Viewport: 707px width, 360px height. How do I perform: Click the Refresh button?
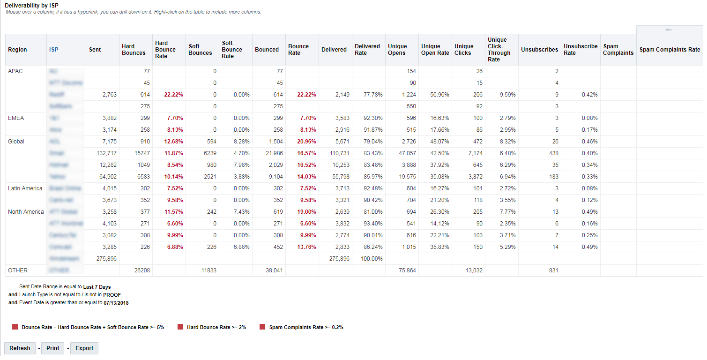pyautogui.click(x=20, y=348)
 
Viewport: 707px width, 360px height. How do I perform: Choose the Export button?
pyautogui.click(x=84, y=348)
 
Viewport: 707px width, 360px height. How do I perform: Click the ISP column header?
pyautogui.click(x=54, y=50)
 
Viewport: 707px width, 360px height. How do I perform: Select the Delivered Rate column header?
pyautogui.click(x=367, y=50)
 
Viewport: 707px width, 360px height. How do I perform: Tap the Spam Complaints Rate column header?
pyautogui.click(x=670, y=50)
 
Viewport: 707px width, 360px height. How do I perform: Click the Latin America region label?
pyautogui.click(x=25, y=188)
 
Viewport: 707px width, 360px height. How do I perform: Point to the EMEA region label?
pyautogui.click(x=16, y=118)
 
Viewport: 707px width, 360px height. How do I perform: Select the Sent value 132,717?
pyautogui.click(x=106, y=153)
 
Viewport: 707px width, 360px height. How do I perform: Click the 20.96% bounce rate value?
pyautogui.click(x=306, y=142)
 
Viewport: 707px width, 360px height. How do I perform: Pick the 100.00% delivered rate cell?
pyautogui.click(x=372, y=259)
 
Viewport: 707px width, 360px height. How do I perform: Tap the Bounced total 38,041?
pyautogui.click(x=274, y=270)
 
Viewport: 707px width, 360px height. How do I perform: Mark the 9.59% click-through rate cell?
pyautogui.click(x=507, y=95)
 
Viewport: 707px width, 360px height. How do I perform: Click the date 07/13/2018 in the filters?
pyautogui.click(x=116, y=303)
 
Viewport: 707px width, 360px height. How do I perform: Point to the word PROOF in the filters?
pyautogui.click(x=112, y=295)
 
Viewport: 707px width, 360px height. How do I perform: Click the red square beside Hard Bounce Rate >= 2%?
pyautogui.click(x=180, y=327)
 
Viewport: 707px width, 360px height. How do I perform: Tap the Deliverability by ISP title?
pyautogui.click(x=31, y=6)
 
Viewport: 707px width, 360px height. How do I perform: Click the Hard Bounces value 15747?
pyautogui.click(x=140, y=153)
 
